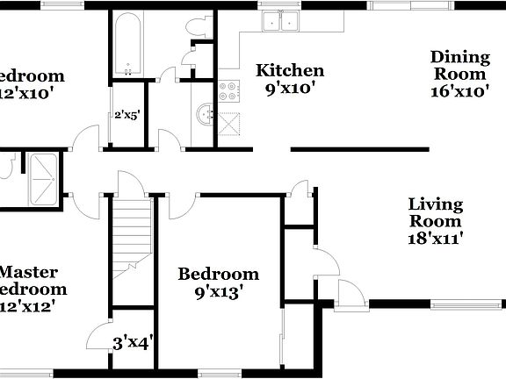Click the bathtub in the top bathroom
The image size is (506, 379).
(x=128, y=44)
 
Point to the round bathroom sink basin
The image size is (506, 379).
(x=204, y=112)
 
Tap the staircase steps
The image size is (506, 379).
(x=130, y=232)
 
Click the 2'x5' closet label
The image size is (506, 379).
(x=127, y=114)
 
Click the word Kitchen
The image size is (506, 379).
(x=289, y=70)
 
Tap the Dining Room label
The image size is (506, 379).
(x=459, y=66)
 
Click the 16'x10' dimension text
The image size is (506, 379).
(x=459, y=91)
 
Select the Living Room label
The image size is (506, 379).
(x=435, y=212)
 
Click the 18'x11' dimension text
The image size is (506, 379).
(x=435, y=237)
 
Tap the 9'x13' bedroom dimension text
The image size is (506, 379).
(x=218, y=293)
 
